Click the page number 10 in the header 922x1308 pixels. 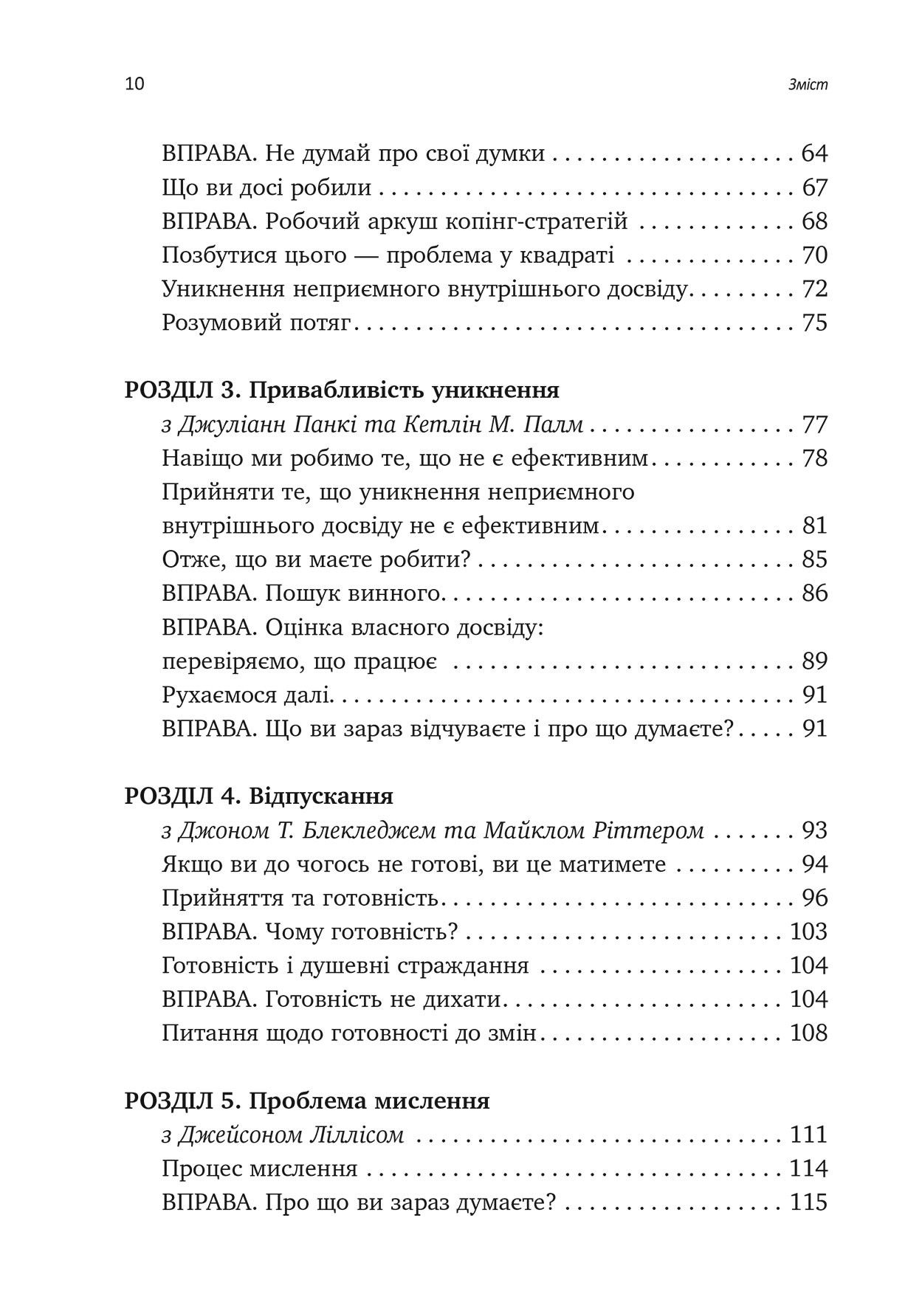pos(135,84)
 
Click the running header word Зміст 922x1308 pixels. pos(808,85)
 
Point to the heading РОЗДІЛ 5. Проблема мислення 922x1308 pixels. pos(307,1101)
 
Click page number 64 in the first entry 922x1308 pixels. pos(814,154)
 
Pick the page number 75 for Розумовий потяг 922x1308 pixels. pos(814,323)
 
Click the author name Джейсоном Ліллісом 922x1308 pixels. pos(291,1135)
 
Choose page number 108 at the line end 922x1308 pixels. pos(809,1033)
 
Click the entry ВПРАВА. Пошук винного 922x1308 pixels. pos(301,593)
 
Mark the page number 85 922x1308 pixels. pos(814,560)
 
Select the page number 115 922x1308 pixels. pos(809,1202)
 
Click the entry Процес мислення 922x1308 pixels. pos(260,1168)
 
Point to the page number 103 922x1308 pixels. pos(809,932)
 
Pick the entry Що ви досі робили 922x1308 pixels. pos(266,188)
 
